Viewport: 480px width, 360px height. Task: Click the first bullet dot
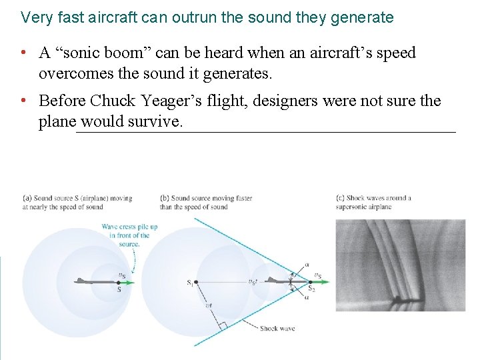[x=23, y=53]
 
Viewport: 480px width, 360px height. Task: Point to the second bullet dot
[x=23, y=101]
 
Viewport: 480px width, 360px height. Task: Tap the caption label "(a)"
[x=27, y=198]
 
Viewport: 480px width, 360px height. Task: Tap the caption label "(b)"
[x=164, y=198]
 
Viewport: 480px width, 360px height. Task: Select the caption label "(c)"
[x=341, y=198]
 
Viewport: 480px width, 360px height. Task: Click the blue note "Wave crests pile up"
[x=129, y=227]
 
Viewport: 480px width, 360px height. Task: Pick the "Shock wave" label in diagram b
[x=277, y=328]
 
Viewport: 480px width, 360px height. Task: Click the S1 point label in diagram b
[x=190, y=283]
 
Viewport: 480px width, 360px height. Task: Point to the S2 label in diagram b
[x=311, y=289]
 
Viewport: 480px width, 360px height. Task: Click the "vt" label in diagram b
[x=209, y=305]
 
